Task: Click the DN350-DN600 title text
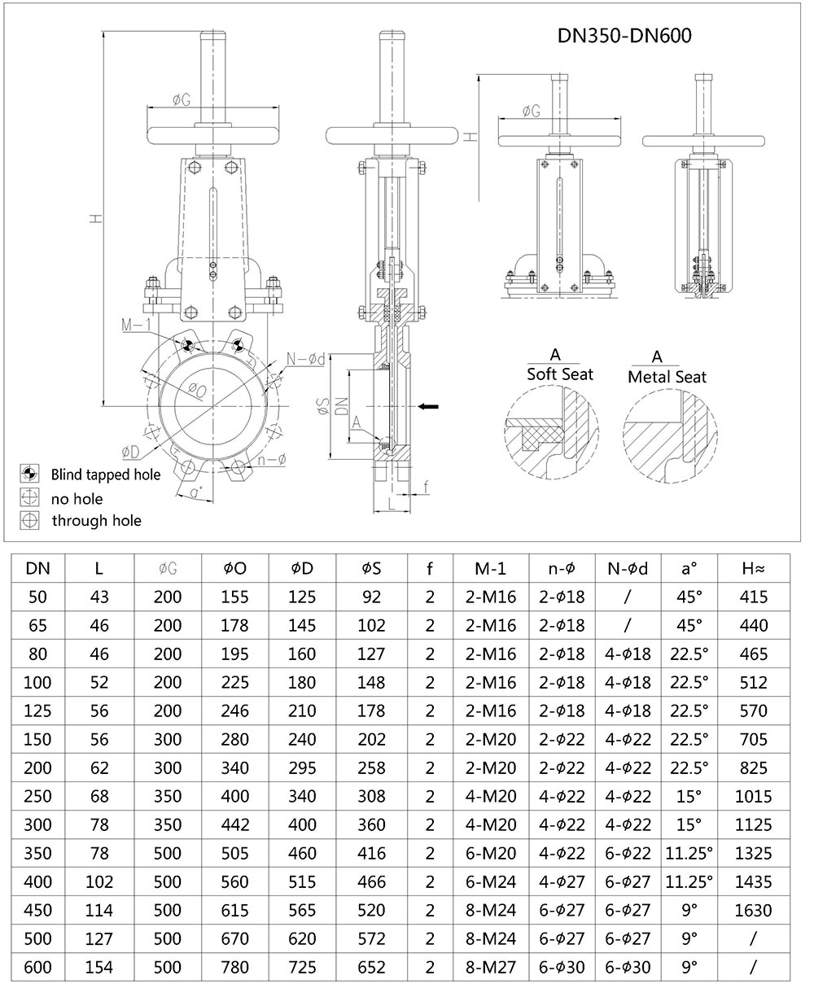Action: pos(624,35)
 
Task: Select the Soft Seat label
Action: pos(560,374)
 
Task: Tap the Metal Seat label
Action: pos(667,377)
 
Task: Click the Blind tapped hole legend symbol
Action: pos(30,474)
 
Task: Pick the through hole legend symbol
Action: pos(30,520)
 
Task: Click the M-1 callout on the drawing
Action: pos(138,326)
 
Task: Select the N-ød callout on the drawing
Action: pos(307,359)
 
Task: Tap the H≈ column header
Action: pos(753,566)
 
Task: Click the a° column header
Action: pos(689,566)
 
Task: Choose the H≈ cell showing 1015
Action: pos(753,796)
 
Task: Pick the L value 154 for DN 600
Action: pos(99,968)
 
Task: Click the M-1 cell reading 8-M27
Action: pos(496,968)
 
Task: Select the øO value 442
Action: pos(235,824)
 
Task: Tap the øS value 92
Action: pos(370,597)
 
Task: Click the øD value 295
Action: pos(303,768)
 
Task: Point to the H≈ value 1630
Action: pos(753,910)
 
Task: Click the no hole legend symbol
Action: pos(30,497)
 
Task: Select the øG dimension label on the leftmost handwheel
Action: pos(182,100)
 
